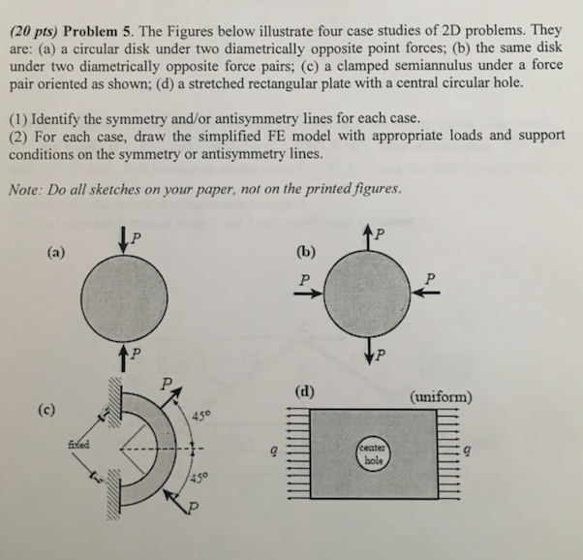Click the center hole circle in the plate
coord(374,454)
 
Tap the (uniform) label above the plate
coord(441,397)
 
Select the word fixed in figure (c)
coord(79,443)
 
